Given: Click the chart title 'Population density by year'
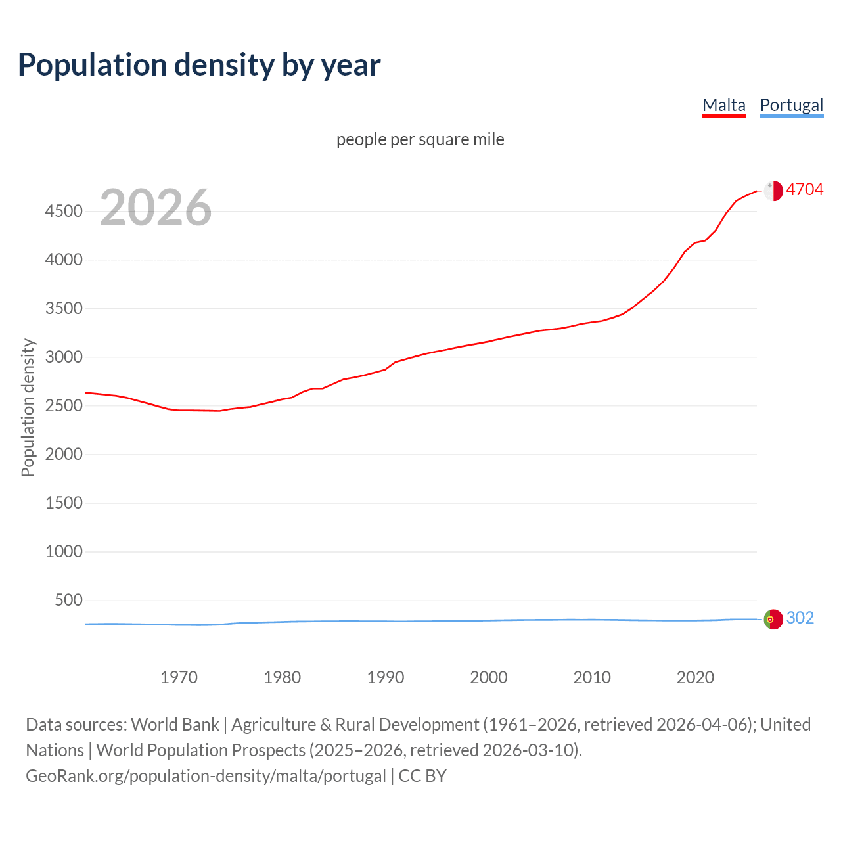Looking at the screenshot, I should click(x=199, y=65).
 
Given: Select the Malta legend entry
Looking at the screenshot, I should click(x=723, y=105).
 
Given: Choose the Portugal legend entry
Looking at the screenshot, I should click(x=791, y=105).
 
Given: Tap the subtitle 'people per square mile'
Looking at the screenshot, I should click(x=420, y=139).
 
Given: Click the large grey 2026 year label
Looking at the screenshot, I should click(x=156, y=208).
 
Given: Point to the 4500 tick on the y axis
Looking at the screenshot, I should click(x=64, y=211).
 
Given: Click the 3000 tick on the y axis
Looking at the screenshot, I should click(x=64, y=357).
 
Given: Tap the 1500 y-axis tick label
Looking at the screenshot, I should click(x=64, y=503).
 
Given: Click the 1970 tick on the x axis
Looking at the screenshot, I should click(x=179, y=677).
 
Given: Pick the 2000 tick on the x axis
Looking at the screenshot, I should click(x=488, y=677).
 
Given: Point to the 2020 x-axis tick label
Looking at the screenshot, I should click(x=695, y=677).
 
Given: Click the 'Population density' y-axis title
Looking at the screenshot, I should click(x=28, y=407).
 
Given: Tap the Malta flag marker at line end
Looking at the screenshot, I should click(x=773, y=191).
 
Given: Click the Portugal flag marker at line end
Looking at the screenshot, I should click(x=773, y=619).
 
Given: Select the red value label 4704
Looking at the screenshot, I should click(x=804, y=189).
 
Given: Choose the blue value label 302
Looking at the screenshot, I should click(x=800, y=618).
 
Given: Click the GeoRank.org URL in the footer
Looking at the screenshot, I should click(x=206, y=776).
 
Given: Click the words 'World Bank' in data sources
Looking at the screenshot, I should click(x=175, y=725).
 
